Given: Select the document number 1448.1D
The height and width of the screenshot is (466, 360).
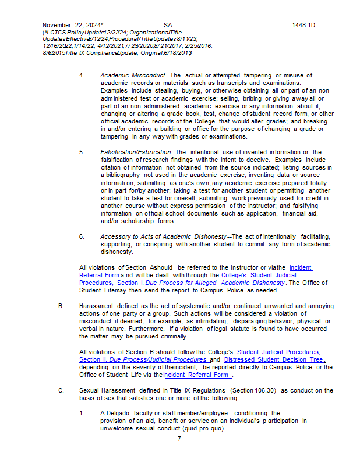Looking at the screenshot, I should (303, 25).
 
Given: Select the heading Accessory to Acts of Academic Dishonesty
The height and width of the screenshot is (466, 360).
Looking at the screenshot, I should (163, 236).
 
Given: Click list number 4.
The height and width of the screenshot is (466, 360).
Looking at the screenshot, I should (82, 75).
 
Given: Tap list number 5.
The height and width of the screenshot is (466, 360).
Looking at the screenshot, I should (82, 152).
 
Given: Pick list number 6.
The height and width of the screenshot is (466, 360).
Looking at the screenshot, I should (82, 236).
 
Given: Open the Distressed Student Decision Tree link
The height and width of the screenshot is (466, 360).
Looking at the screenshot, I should (274, 359).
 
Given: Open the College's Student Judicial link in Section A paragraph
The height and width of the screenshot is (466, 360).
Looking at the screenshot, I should (259, 275).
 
